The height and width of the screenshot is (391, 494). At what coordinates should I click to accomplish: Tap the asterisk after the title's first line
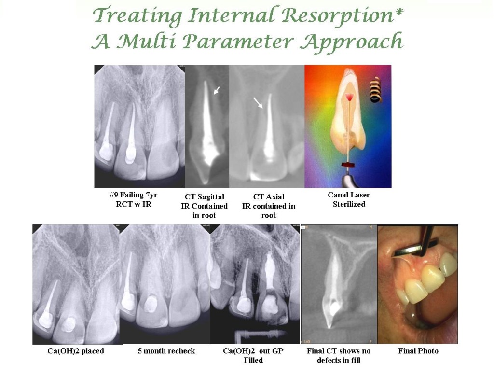399,12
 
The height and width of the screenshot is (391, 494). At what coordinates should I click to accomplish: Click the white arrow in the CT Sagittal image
217,90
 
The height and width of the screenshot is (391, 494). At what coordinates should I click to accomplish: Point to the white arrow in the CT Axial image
258,103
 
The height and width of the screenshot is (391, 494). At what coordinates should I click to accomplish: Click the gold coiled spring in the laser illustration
375,91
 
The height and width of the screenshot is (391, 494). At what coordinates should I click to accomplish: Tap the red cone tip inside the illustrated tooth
350,97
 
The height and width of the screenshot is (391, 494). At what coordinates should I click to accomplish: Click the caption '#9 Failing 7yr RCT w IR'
134,199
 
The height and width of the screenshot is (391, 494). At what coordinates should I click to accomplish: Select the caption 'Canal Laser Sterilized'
349,199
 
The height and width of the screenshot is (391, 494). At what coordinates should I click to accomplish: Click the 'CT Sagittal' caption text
205,197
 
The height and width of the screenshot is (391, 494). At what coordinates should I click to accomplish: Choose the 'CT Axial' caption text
269,197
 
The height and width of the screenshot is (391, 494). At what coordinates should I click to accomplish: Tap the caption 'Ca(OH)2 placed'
76,351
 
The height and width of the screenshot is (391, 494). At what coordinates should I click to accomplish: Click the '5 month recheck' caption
166,351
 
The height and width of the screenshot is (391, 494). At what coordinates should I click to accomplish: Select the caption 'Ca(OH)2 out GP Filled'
253,355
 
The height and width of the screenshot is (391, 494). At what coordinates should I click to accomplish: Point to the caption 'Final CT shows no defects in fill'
338,355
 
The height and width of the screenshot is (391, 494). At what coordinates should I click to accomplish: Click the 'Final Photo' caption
418,351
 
